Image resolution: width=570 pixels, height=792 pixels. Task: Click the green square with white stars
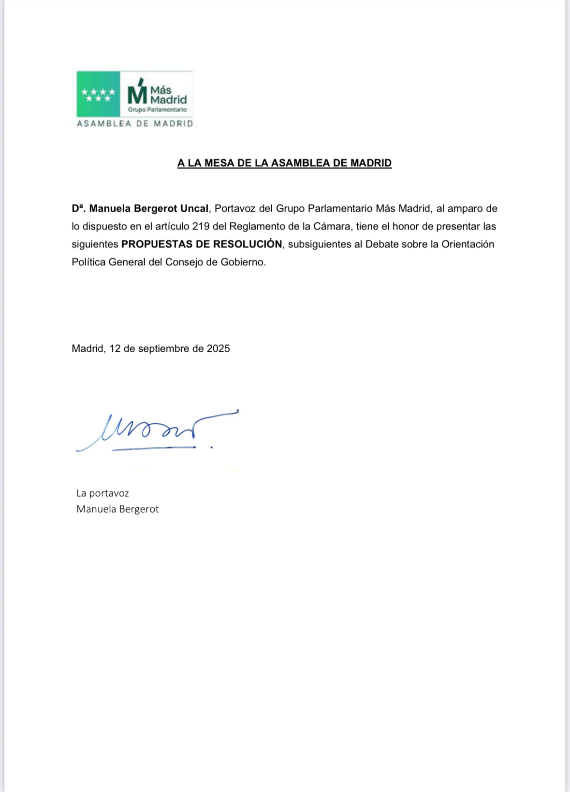(x=98, y=94)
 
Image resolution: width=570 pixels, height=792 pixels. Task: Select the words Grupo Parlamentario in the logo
(x=157, y=110)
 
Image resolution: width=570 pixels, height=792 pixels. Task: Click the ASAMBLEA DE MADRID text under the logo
(x=135, y=124)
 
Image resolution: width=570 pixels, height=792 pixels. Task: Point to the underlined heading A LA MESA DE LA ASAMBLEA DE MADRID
(x=284, y=163)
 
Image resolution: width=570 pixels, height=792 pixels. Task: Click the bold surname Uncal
(x=194, y=209)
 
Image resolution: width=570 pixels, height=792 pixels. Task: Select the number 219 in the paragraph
(x=201, y=227)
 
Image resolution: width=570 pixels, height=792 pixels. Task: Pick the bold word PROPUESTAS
(x=157, y=244)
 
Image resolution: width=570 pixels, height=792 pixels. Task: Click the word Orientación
(x=468, y=245)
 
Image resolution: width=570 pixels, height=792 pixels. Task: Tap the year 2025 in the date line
(x=218, y=349)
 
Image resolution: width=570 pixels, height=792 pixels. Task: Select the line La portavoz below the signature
(x=102, y=493)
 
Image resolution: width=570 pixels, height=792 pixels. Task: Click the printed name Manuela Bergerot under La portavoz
(x=117, y=509)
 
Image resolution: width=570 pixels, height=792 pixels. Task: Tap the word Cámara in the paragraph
(x=332, y=227)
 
